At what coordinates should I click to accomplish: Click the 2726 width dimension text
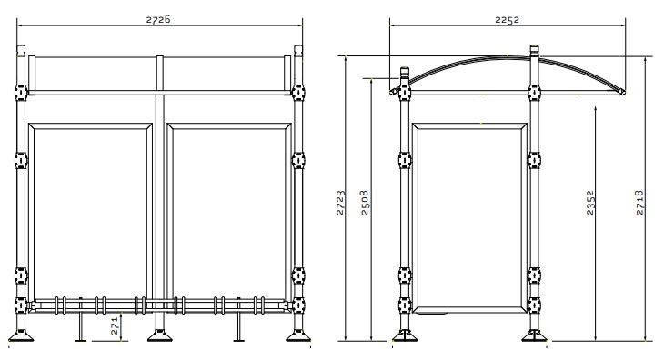(x=157, y=18)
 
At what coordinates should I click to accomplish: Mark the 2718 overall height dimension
(x=640, y=202)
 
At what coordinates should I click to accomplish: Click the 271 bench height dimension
(x=115, y=325)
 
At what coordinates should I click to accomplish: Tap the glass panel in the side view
(x=468, y=214)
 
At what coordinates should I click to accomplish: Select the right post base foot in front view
(x=297, y=336)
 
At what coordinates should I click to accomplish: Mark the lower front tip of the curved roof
(x=621, y=92)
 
